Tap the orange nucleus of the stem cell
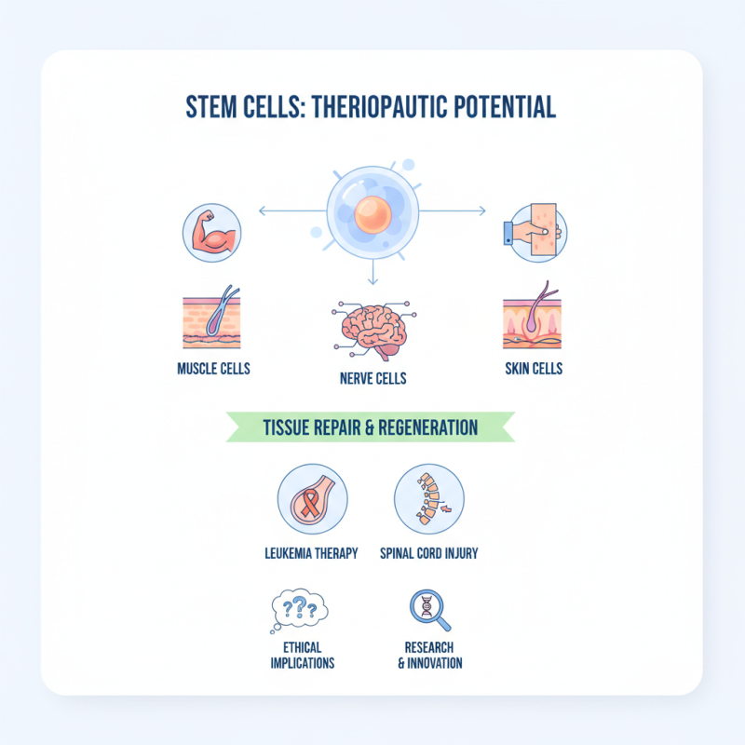tap(371, 215)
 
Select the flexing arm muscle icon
tap(211, 233)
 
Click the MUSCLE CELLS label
tap(213, 369)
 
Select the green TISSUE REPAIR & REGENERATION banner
tap(370, 427)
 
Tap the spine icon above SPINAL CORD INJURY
tap(427, 497)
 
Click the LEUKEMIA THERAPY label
tap(311, 553)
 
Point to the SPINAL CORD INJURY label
tap(428, 553)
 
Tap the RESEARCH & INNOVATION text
tap(429, 655)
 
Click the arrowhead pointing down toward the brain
tap(372, 279)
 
